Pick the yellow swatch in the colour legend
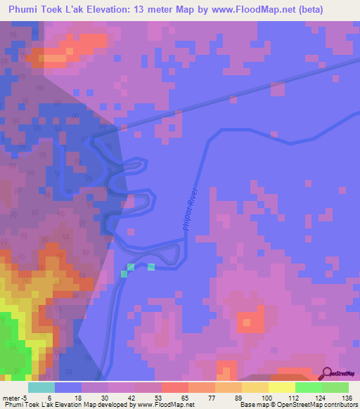point(282,387)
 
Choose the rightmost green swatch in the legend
point(335,387)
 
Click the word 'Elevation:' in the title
point(116,11)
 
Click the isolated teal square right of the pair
point(151,266)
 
